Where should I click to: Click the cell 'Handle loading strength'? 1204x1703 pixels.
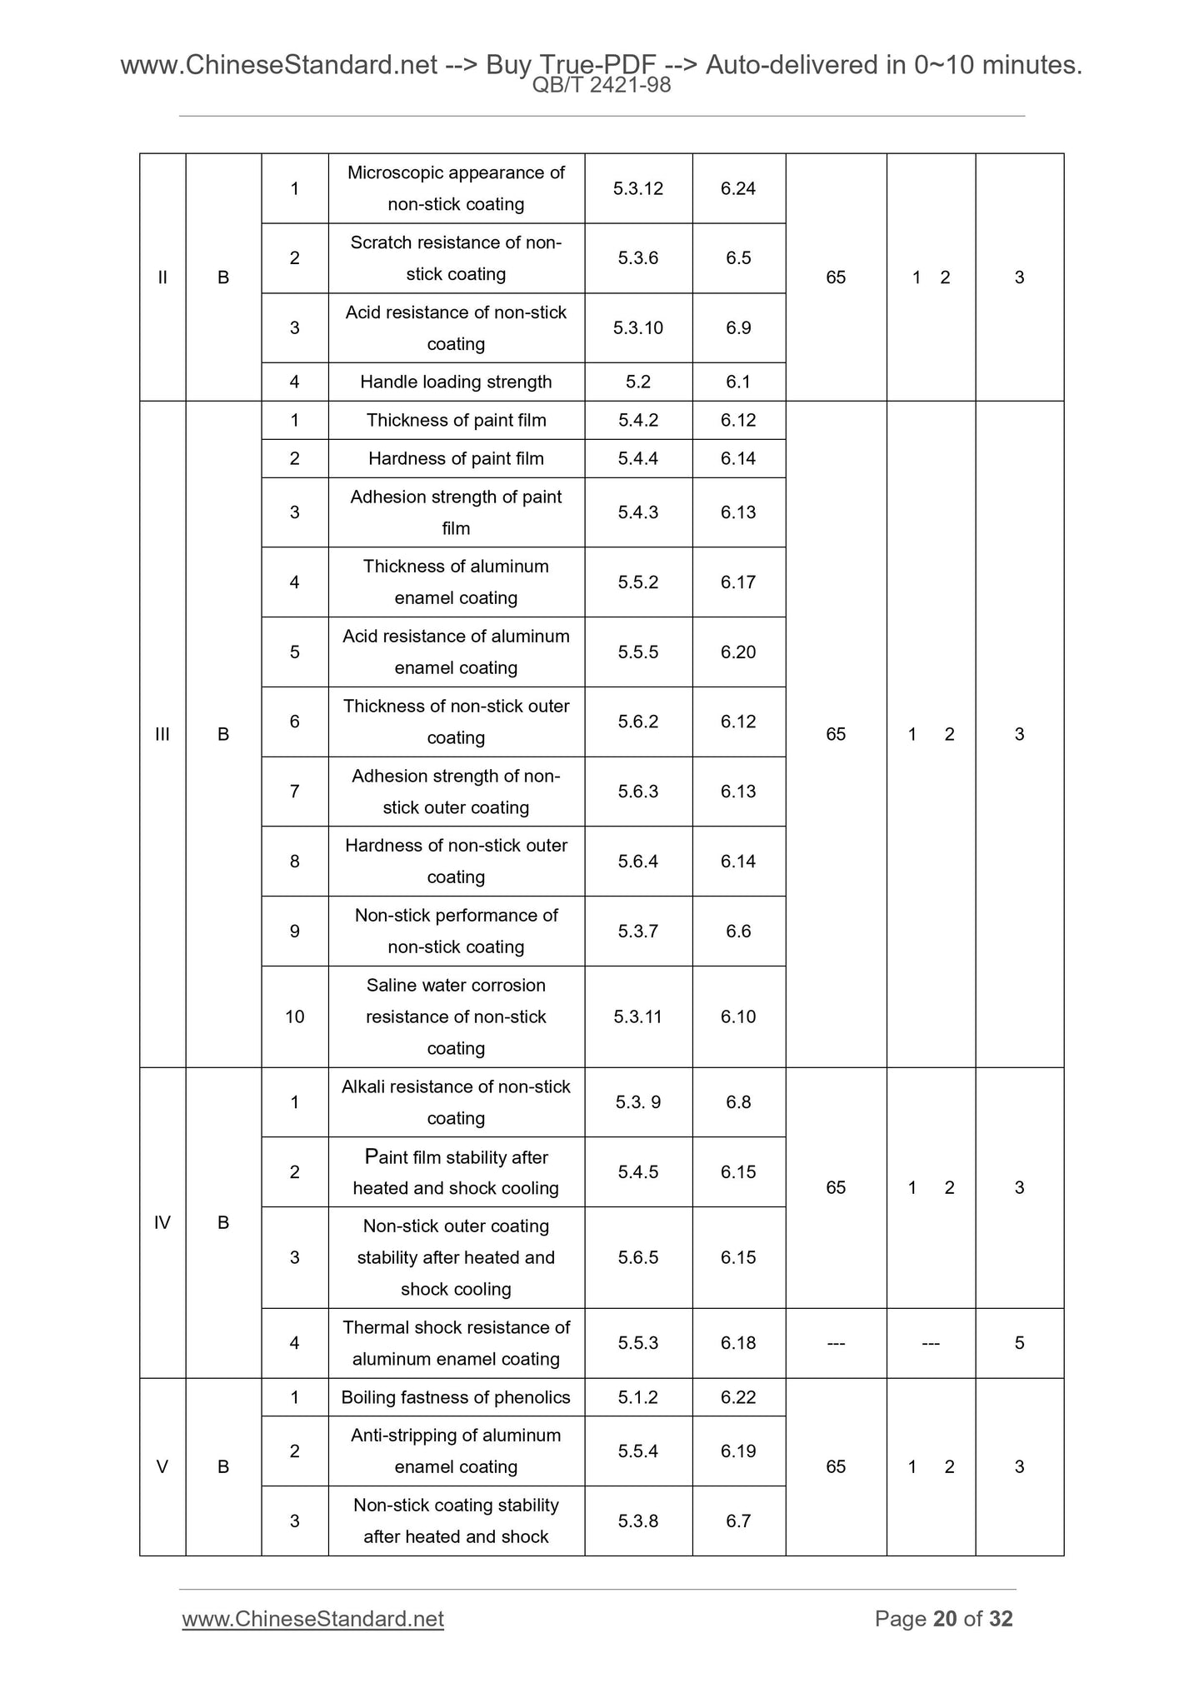456,382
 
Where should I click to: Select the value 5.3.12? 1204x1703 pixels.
637,188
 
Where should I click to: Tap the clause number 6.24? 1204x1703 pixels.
738,188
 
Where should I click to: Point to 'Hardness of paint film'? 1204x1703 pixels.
456,458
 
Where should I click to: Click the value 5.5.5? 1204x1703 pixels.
637,652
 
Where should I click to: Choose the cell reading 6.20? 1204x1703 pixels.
738,652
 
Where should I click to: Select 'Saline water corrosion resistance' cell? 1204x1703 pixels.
456,1016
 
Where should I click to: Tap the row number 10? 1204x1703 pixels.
294,1016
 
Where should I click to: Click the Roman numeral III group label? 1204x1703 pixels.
162,734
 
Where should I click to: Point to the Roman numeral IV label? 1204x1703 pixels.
162,1222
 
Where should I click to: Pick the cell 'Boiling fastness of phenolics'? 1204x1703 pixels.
456,1397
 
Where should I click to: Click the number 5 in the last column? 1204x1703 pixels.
1019,1342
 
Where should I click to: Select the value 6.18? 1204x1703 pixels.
738,1342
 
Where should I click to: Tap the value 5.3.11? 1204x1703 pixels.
637,1016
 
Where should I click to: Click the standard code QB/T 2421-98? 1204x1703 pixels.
601,85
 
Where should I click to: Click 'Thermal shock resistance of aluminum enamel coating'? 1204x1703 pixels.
456,1342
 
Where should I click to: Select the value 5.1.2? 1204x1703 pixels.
637,1397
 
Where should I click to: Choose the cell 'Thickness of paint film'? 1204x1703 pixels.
456,420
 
